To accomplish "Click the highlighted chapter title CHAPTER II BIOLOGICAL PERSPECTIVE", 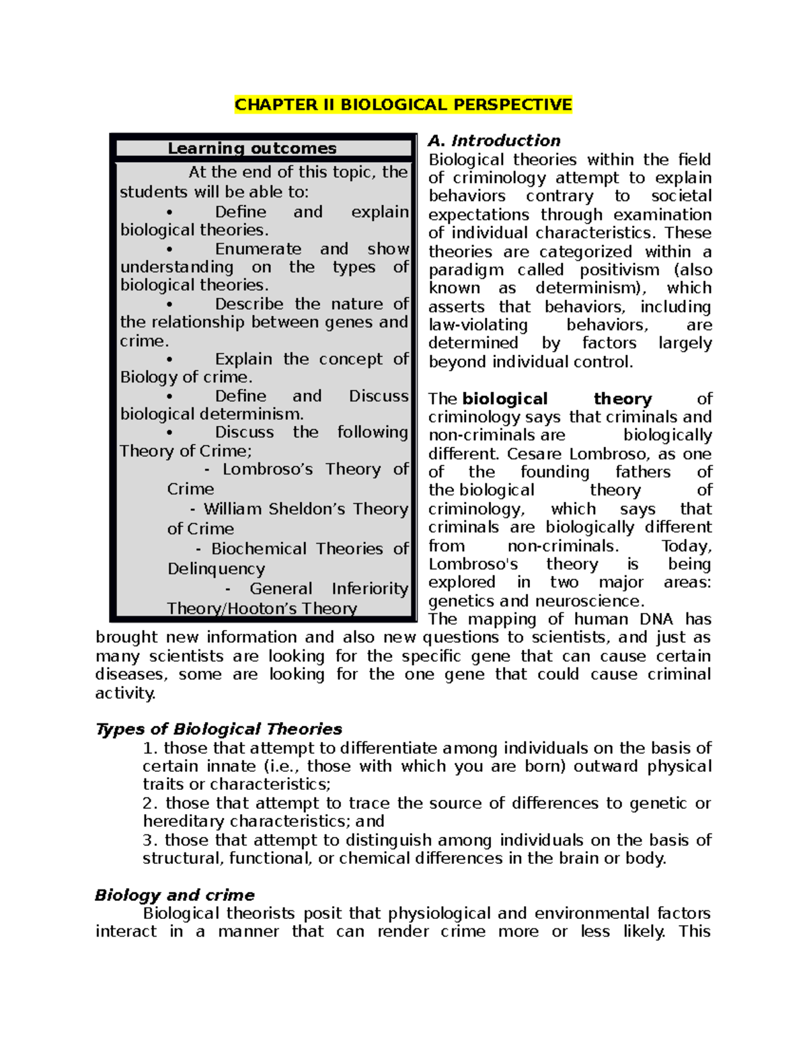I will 403,105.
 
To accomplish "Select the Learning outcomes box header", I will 252,148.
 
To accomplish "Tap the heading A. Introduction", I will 494,140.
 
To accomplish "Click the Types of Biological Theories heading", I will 219,729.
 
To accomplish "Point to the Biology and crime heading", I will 175,895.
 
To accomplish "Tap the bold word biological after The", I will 505,399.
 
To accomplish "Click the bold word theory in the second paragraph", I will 623,399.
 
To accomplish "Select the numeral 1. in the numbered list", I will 151,748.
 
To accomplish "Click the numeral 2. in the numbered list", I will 151,803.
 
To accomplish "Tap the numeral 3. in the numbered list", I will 151,840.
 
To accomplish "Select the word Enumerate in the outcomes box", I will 258,249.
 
